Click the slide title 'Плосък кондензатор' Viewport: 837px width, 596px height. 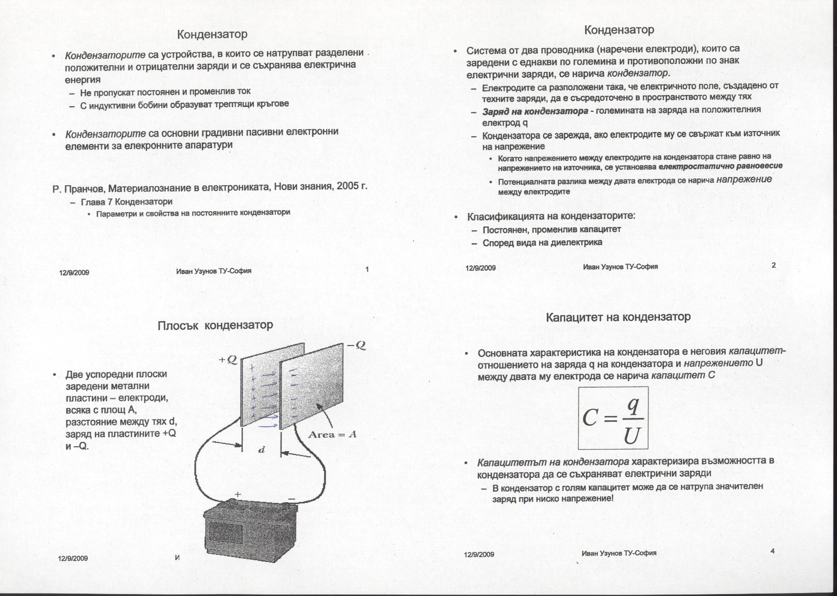215,325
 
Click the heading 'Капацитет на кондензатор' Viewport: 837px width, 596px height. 618,317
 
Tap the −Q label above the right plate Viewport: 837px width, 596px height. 355,346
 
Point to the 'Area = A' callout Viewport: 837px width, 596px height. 332,435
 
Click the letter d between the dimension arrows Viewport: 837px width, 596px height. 261,450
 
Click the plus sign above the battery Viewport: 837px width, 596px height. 237,494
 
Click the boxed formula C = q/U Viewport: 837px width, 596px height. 613,418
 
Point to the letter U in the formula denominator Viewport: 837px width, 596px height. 632,436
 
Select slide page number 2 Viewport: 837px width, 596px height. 773,265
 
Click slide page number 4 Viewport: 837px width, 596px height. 772,551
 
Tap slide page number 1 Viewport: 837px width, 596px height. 367,269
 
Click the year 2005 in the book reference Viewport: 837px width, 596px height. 348,186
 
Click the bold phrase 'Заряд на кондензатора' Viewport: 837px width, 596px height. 535,111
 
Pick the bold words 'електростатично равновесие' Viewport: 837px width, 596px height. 720,166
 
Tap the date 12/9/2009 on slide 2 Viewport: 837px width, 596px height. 481,268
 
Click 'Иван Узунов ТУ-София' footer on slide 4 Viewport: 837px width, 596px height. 619,553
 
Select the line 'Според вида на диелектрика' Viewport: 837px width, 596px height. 542,243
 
